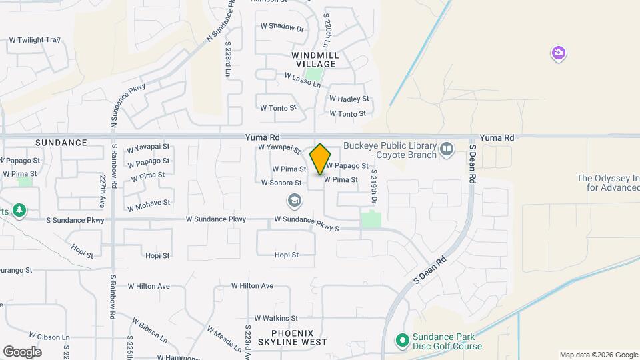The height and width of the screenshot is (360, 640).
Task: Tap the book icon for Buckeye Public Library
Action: pos(447,148)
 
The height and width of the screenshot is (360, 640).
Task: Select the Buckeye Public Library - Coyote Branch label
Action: pos(390,151)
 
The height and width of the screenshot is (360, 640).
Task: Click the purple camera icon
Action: pos(559,53)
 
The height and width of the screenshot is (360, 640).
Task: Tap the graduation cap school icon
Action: pos(293,200)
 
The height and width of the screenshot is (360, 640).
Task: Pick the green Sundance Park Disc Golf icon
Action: pos(401,341)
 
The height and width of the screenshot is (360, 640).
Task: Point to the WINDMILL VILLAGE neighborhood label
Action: pos(314,59)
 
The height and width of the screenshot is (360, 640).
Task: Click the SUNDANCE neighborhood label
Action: pos(61,143)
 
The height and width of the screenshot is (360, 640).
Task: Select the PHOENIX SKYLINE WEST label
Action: pos(299,337)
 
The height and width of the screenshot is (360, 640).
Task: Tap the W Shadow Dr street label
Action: pos(281,28)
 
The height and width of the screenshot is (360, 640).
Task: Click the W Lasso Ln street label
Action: pos(302,81)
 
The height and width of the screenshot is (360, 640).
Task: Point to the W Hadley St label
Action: pos(349,99)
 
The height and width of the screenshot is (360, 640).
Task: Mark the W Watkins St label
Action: pos(275,319)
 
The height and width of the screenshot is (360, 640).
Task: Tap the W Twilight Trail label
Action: pos(34,41)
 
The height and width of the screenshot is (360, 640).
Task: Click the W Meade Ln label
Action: pos(223,339)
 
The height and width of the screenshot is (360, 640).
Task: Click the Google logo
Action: pos(22,352)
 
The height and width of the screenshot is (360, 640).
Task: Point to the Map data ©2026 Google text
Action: pos(598,355)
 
